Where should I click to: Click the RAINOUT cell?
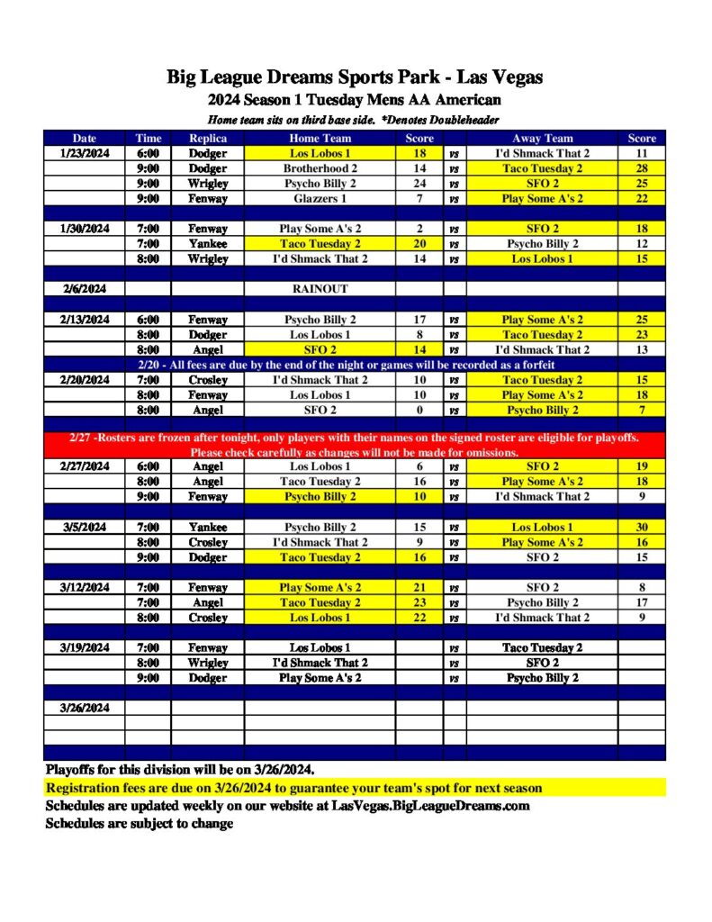pos(320,289)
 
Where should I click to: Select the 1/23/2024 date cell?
pos(85,154)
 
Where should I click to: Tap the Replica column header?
pos(208,139)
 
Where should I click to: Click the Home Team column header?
pos(320,139)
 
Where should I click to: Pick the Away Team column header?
pos(542,139)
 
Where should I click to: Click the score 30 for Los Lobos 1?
pos(643,528)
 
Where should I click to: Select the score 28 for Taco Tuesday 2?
pos(643,168)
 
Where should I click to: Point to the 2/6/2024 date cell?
pos(85,289)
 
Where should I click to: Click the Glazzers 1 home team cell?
pos(320,198)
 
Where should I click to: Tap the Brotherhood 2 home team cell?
pos(320,168)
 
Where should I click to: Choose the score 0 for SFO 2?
pos(419,410)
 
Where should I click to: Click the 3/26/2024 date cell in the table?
pos(85,708)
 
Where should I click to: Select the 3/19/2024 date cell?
pos(85,647)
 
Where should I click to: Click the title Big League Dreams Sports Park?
pos(355,77)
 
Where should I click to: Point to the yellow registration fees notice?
pos(293,788)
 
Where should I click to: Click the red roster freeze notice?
pos(355,445)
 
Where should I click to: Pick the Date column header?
pos(85,139)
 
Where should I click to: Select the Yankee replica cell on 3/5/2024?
pos(208,528)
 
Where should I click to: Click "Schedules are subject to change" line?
pos(140,823)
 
